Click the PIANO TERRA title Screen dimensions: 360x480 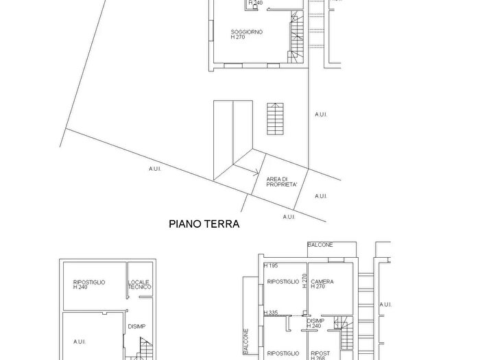tap(204, 224)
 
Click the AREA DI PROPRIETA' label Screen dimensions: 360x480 tap(282, 182)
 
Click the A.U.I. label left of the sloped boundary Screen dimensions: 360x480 tap(154, 169)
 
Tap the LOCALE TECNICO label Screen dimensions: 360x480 tap(139, 285)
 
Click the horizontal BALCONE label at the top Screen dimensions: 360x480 tap(320, 245)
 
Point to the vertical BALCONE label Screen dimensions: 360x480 tap(245, 341)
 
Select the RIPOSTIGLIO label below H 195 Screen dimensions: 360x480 tap(283, 282)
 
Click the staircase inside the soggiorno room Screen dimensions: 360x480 tap(298, 38)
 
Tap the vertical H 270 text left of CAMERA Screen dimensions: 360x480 tap(304, 280)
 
